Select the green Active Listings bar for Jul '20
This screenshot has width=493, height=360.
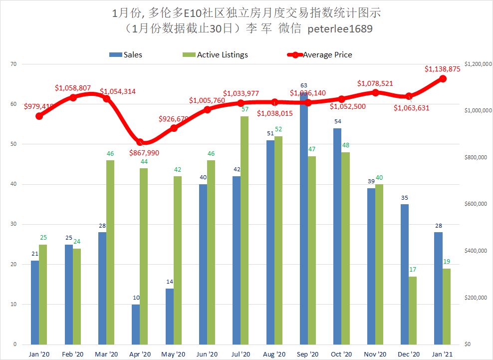(x=245, y=230)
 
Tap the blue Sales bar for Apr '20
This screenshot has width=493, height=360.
(x=135, y=324)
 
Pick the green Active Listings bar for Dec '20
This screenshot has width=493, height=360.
(x=413, y=310)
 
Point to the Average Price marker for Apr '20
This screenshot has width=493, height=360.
(x=140, y=142)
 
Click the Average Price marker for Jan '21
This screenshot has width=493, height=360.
(x=443, y=79)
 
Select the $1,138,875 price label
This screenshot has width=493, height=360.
(x=442, y=69)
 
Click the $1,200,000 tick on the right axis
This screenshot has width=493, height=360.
(x=478, y=64)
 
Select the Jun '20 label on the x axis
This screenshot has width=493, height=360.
(x=207, y=354)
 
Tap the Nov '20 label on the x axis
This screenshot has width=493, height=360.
(x=375, y=354)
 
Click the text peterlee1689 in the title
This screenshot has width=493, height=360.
(x=340, y=29)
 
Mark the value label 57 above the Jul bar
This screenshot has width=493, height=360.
(x=245, y=109)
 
